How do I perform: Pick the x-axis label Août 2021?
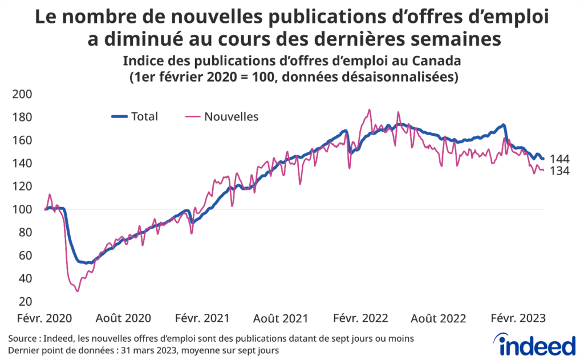pyautogui.click(x=281, y=318)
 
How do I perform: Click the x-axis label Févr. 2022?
pyautogui.click(x=360, y=318)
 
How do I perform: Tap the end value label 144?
pyautogui.click(x=559, y=159)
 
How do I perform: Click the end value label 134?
pyautogui.click(x=559, y=171)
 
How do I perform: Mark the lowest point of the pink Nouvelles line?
pyautogui.click(x=78, y=292)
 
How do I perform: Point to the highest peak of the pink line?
pyautogui.click(x=370, y=110)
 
